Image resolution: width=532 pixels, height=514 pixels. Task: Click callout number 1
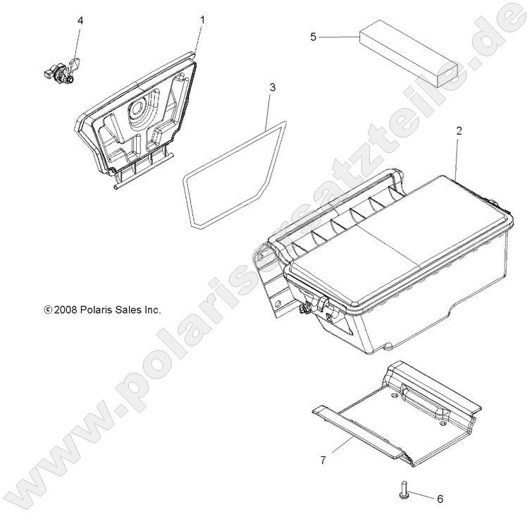click(202, 20)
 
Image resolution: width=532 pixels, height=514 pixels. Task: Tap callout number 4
click(80, 21)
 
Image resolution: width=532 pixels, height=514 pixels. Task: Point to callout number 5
click(314, 37)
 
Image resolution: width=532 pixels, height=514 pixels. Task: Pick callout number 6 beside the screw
click(440, 498)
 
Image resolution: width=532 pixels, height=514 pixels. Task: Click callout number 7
click(323, 460)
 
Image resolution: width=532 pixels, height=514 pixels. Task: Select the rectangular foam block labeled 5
click(409, 52)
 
